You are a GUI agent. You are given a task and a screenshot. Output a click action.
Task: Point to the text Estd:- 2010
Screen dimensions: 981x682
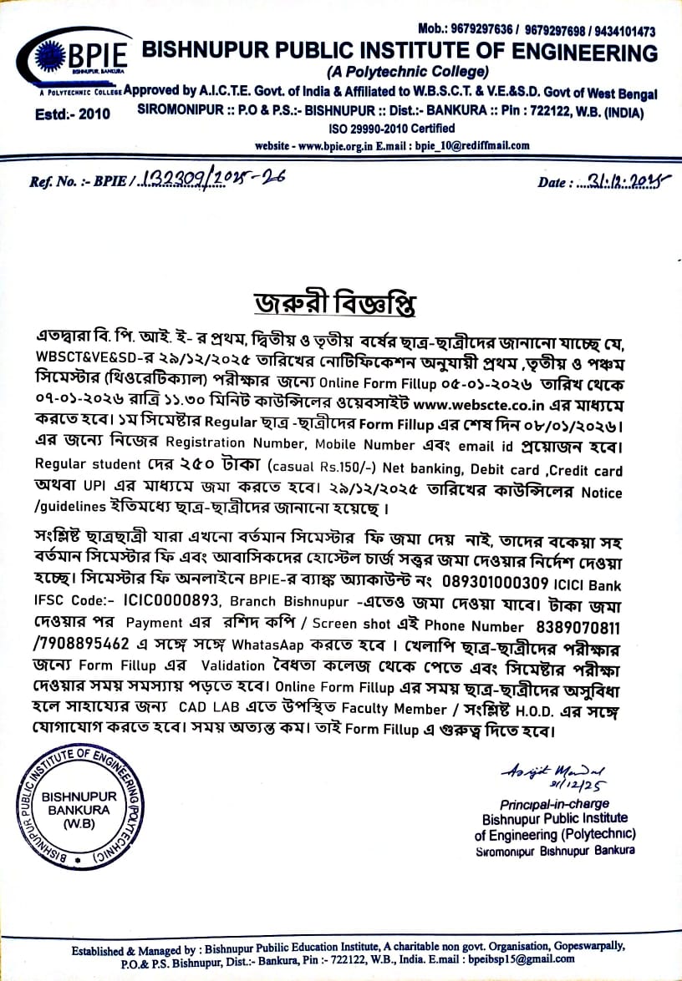[73, 114]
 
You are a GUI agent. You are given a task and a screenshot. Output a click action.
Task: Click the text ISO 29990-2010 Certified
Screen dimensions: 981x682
[391, 129]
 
